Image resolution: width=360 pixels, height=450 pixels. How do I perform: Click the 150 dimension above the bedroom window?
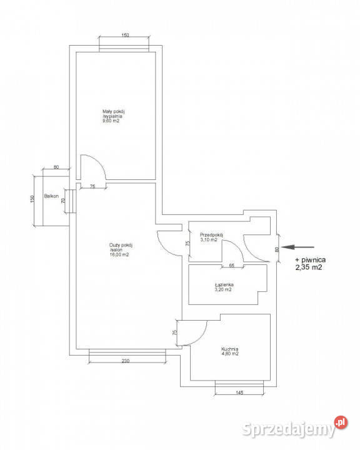pyautogui.click(x=125, y=35)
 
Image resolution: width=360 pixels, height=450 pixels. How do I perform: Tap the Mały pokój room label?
pyautogui.click(x=113, y=111)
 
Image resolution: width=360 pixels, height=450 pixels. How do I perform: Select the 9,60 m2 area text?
pyautogui.click(x=111, y=121)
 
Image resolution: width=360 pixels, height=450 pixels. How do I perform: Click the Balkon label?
pyautogui.click(x=51, y=196)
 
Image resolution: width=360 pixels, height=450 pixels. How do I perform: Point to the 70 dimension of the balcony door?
pyautogui.click(x=64, y=200)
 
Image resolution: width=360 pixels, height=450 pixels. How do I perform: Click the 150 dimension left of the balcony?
pyautogui.click(x=32, y=199)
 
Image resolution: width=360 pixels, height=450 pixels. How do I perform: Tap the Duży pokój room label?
pyautogui.click(x=121, y=246)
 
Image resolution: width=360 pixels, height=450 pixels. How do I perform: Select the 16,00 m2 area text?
pyautogui.click(x=119, y=254)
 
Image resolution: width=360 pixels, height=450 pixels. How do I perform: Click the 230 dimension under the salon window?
pyautogui.click(x=126, y=361)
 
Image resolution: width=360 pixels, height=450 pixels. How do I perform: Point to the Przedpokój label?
pyautogui.click(x=212, y=235)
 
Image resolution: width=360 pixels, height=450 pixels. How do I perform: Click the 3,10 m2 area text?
pyautogui.click(x=209, y=240)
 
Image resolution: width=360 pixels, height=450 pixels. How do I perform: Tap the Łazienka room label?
pyautogui.click(x=224, y=285)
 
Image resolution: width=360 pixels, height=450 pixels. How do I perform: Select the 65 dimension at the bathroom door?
pyautogui.click(x=232, y=266)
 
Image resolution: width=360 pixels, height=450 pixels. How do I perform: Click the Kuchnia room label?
pyautogui.click(x=229, y=349)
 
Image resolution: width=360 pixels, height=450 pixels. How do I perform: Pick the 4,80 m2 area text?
pyautogui.click(x=229, y=354)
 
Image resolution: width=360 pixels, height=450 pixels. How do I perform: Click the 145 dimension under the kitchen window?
pyautogui.click(x=239, y=392)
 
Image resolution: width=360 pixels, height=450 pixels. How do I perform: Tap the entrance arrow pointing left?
pyautogui.click(x=297, y=247)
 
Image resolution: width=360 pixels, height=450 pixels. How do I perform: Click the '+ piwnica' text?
pyautogui.click(x=311, y=260)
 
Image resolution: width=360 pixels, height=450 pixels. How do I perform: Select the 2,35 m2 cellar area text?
pyautogui.click(x=309, y=267)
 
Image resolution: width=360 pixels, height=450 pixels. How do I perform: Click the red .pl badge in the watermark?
pyautogui.click(x=341, y=422)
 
